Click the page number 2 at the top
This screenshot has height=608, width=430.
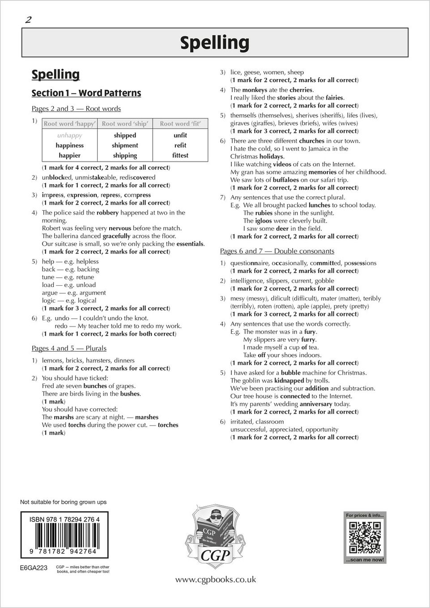click(28, 20)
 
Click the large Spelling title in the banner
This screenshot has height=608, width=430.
click(215, 42)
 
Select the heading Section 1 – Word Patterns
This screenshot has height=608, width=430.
click(86, 93)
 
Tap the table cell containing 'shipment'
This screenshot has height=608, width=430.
click(125, 145)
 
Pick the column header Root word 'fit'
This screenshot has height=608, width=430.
click(180, 124)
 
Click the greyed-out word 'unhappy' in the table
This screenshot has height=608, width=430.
click(69, 135)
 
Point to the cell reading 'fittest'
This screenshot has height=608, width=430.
click(180, 156)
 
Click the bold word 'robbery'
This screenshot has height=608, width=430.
click(107, 213)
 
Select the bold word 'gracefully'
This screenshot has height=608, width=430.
click(116, 236)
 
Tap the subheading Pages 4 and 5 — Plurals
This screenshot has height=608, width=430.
click(69, 348)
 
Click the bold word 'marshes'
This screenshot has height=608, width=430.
click(147, 417)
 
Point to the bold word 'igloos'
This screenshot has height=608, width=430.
click(264, 221)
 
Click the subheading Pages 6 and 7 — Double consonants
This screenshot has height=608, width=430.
click(277, 251)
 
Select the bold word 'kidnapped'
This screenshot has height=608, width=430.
click(289, 381)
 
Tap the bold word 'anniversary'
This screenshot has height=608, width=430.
click(316, 404)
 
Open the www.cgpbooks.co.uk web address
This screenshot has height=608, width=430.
click(215, 579)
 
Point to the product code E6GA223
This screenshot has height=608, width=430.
click(34, 568)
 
